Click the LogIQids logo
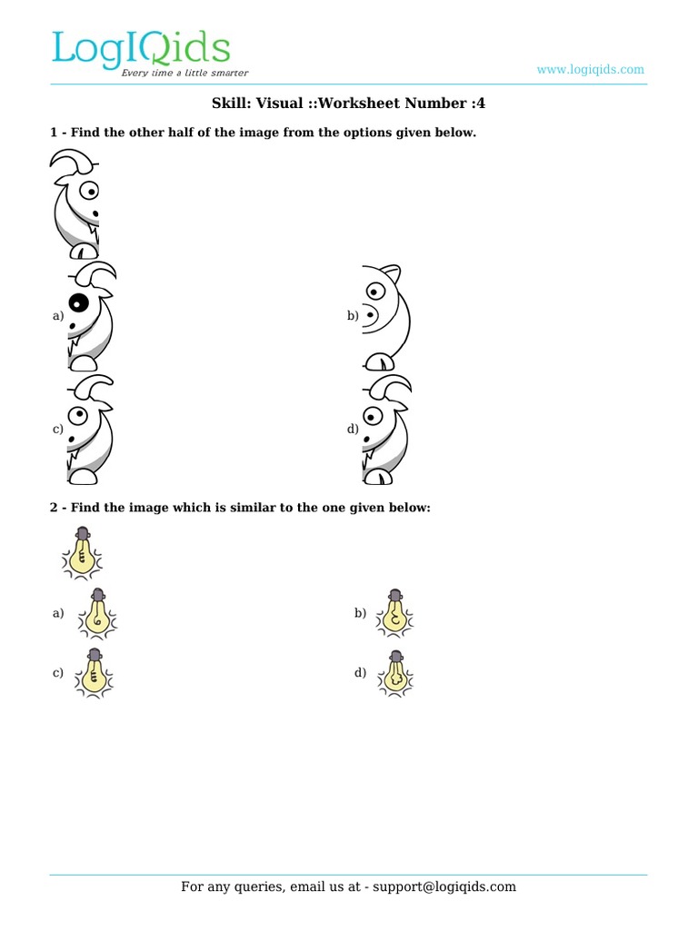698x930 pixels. coord(140,50)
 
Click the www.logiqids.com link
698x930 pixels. coord(590,69)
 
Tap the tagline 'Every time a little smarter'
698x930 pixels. coord(184,73)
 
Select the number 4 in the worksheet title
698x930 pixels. coord(481,104)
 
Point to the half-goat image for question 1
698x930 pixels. coord(75,205)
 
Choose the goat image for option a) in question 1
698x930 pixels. coord(91,316)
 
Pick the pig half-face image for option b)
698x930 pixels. coord(385,316)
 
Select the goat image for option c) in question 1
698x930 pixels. coord(91,429)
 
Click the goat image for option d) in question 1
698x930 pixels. coord(385,429)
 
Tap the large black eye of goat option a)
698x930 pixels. coord(79,304)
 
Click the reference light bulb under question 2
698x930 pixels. coord(83,553)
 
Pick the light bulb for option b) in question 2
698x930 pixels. coord(395,613)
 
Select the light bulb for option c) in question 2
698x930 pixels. coord(95,673)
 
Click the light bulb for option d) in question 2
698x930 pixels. coord(395,673)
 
